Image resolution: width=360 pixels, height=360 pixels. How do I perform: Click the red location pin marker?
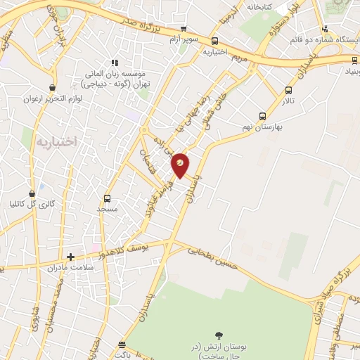coord(180,165)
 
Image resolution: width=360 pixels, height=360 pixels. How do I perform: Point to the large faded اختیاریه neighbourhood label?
coord(53,141)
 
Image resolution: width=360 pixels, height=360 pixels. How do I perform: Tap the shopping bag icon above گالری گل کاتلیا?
coord(32,193)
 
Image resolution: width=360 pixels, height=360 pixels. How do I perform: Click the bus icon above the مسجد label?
coord(107,198)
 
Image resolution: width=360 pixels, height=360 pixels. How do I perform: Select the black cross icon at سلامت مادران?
coord(70,257)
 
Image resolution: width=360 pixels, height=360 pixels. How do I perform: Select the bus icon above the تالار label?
coord(288,90)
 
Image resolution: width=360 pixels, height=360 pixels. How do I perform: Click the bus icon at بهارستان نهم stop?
coord(262,117)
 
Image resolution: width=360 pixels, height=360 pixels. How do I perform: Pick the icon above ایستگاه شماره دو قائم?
coord(324,29)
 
